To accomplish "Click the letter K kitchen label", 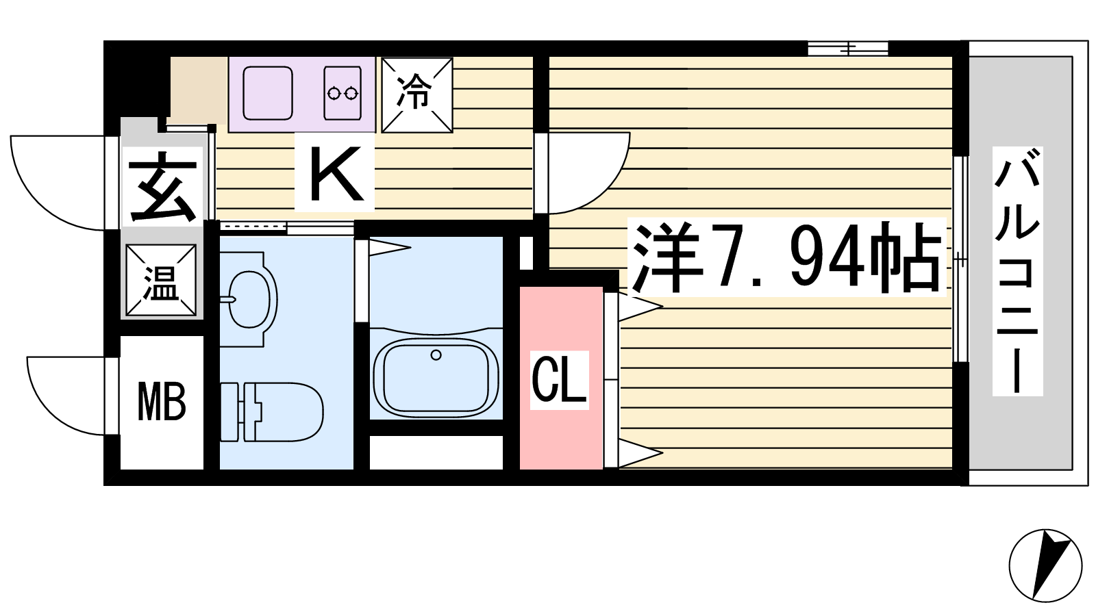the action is pos(336,175).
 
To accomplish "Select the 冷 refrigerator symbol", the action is pos(417,95).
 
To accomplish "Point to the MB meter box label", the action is pos(162,402).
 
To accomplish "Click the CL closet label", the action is pos(559,381).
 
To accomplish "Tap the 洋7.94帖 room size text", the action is pos(786,257).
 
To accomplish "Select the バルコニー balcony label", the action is pos(1017,271).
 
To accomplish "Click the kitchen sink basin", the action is pos(268,93).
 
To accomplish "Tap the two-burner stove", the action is pos(342,93).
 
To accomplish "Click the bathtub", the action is pos(436,376).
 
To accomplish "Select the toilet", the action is pos(271,412).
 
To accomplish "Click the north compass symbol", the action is pos(1045,565).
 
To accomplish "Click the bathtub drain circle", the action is pos(436,355).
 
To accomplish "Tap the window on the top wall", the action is pos(847,49).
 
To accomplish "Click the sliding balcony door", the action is pos(961,259).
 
